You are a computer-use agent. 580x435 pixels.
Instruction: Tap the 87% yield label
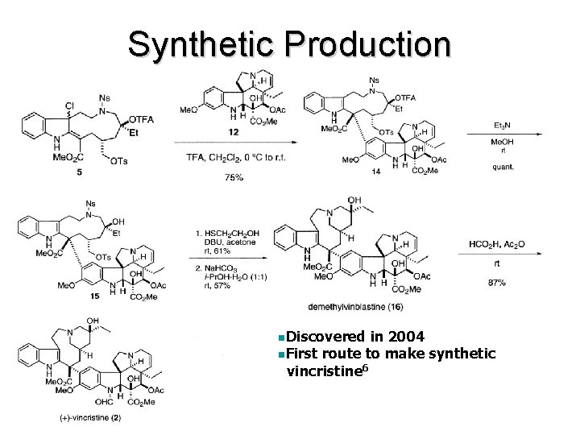(497, 284)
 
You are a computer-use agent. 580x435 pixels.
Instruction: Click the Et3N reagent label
(500, 126)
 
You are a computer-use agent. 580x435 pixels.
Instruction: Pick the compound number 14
(376, 172)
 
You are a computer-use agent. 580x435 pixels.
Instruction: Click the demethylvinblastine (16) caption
(355, 307)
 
